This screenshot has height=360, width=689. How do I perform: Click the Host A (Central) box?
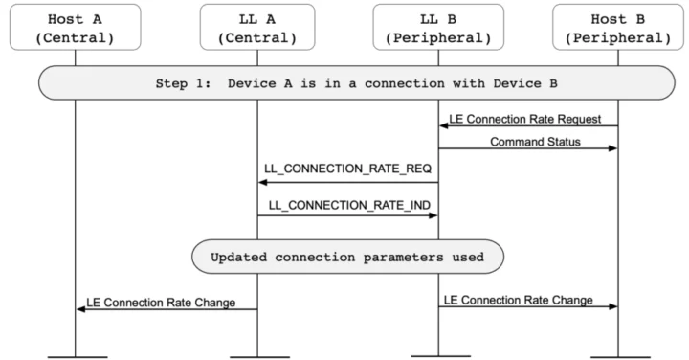coord(76,26)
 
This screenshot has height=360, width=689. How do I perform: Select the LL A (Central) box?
coord(257,26)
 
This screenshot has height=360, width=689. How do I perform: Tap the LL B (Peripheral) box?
coord(438,26)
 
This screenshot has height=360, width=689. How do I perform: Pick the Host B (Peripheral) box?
coord(619,26)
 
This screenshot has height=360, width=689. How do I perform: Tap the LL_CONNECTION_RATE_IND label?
coord(347,204)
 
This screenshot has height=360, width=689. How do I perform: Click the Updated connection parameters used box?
coord(347,257)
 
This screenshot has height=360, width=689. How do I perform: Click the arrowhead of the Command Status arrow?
coord(613,149)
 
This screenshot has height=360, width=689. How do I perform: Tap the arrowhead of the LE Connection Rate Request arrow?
coord(445,126)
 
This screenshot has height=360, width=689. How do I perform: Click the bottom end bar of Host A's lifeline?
coord(76,355)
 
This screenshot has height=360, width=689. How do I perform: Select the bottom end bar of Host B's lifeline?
coord(619,355)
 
